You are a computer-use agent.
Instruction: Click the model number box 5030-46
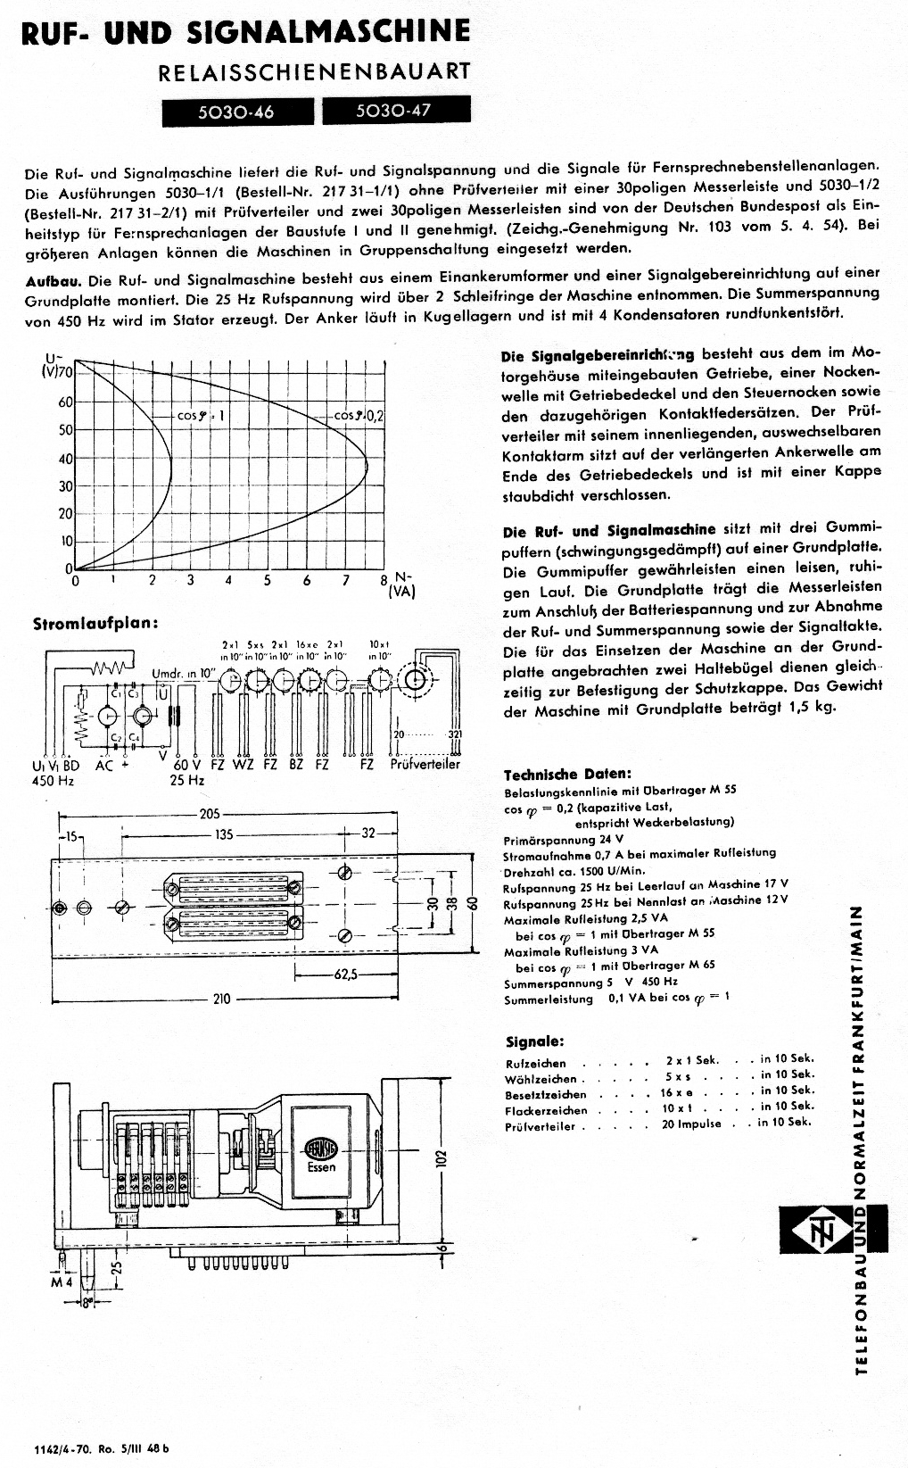237,112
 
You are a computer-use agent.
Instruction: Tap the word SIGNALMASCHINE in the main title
329,32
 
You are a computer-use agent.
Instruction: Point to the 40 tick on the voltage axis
65,459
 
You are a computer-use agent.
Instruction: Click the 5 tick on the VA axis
267,580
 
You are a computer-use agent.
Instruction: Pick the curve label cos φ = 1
201,416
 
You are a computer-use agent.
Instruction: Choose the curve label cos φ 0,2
359,416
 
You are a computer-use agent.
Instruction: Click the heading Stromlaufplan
95,623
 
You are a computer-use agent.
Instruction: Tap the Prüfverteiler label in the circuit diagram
425,765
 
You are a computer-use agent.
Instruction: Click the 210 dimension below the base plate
221,999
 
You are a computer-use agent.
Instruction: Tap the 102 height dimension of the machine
439,1158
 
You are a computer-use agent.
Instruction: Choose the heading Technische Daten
567,774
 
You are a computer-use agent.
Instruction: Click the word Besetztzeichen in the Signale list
546,1095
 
